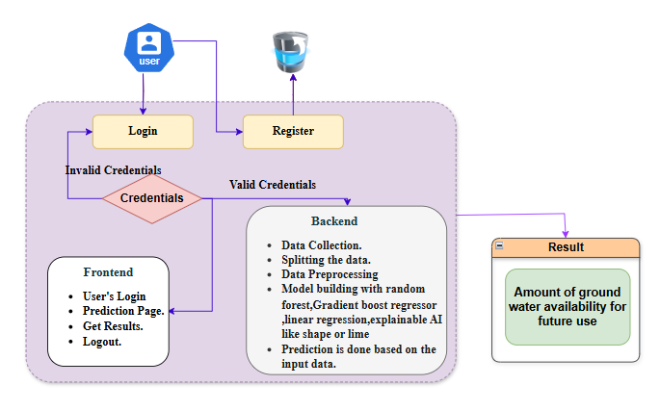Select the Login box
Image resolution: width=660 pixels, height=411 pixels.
[x=143, y=132]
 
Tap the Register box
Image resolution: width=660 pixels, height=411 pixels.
[x=293, y=132]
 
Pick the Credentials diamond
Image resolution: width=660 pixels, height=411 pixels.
[x=152, y=198]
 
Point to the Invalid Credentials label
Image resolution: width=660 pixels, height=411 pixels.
[x=113, y=170]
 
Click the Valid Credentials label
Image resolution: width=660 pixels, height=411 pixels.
[x=273, y=184]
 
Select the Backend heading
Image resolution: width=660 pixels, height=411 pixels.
[x=333, y=220]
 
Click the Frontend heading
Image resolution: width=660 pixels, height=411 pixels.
[x=108, y=272]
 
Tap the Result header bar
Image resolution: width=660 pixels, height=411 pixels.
[x=566, y=247]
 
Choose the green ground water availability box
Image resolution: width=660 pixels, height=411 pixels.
[x=568, y=307]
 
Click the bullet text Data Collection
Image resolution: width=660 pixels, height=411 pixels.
[x=322, y=245]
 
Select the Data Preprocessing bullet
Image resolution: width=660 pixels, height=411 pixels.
[x=331, y=274]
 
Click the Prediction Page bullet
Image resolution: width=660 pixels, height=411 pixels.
[x=123, y=311]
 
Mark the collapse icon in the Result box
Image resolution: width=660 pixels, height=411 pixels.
[x=499, y=247]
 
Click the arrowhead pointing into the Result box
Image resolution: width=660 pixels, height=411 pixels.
[x=566, y=234]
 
